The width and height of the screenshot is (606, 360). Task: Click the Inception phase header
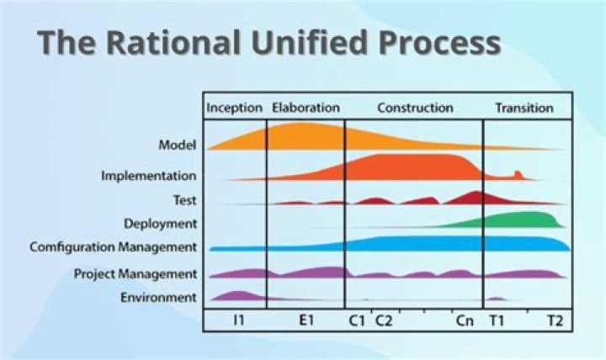point(234,108)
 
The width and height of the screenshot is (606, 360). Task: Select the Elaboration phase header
point(306,108)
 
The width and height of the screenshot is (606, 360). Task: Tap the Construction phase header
point(415,108)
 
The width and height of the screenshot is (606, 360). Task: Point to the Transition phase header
point(524,108)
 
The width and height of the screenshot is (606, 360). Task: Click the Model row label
point(178,146)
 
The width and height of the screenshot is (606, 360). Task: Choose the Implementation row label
point(149,176)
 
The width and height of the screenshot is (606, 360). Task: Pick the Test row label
point(184,200)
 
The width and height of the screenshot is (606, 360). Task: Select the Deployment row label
point(160,224)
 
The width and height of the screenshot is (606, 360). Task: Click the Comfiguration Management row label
point(114,247)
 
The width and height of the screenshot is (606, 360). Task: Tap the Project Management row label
point(136,273)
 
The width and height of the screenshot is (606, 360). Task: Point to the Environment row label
point(159,297)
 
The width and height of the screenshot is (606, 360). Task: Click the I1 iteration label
point(239,321)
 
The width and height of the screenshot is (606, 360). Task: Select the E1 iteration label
point(305,321)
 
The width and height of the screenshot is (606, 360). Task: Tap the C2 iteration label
point(383,321)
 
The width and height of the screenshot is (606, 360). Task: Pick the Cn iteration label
point(464,321)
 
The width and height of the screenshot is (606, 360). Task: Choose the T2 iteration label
point(555,321)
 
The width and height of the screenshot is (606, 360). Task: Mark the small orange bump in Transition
point(518,175)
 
